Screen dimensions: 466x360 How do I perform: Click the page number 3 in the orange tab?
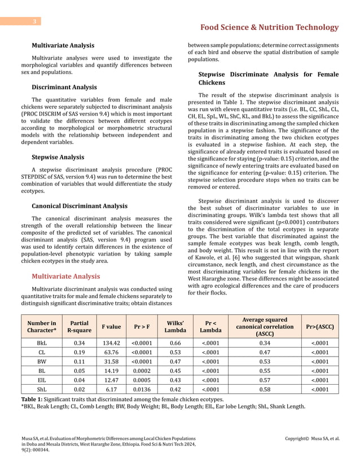(34, 22)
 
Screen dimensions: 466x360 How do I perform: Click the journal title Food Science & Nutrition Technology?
(273, 28)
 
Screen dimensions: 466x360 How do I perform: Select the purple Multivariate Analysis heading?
(66, 276)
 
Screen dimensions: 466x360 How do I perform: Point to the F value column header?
(111, 326)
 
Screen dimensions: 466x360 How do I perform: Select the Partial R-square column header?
(79, 326)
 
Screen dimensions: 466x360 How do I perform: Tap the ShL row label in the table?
(42, 389)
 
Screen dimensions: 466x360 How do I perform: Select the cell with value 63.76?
(111, 352)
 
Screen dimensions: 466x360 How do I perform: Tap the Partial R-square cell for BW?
(79, 361)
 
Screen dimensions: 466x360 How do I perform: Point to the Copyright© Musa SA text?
(312, 437)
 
